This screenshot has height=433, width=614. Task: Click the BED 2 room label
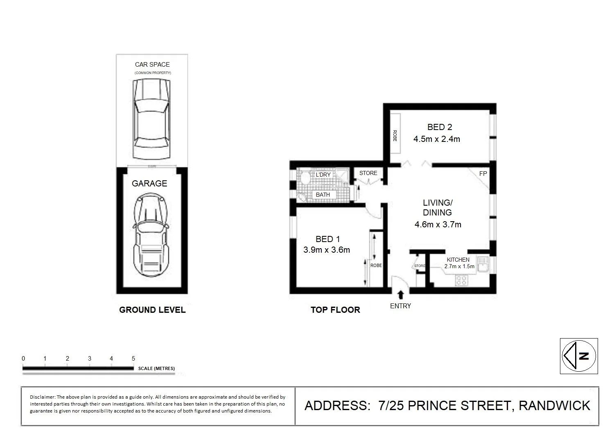click(x=439, y=127)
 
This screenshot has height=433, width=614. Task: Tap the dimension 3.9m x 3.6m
click(x=327, y=250)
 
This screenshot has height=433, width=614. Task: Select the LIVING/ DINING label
click(x=437, y=208)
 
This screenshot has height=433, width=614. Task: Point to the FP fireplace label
click(x=483, y=174)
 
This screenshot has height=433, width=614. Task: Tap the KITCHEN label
click(x=458, y=260)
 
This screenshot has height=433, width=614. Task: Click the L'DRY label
click(x=323, y=175)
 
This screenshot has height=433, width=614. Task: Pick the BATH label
click(x=323, y=195)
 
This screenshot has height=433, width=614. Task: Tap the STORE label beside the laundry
click(x=368, y=173)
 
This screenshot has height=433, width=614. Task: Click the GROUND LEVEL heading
click(x=152, y=310)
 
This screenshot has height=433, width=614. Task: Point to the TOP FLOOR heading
click(x=335, y=310)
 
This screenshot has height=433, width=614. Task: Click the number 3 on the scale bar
click(x=90, y=359)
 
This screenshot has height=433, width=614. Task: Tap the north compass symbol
click(x=579, y=356)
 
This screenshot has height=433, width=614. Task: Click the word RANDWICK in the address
click(x=554, y=406)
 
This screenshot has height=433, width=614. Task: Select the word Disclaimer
click(x=42, y=397)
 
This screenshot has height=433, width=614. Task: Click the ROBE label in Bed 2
click(x=395, y=136)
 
